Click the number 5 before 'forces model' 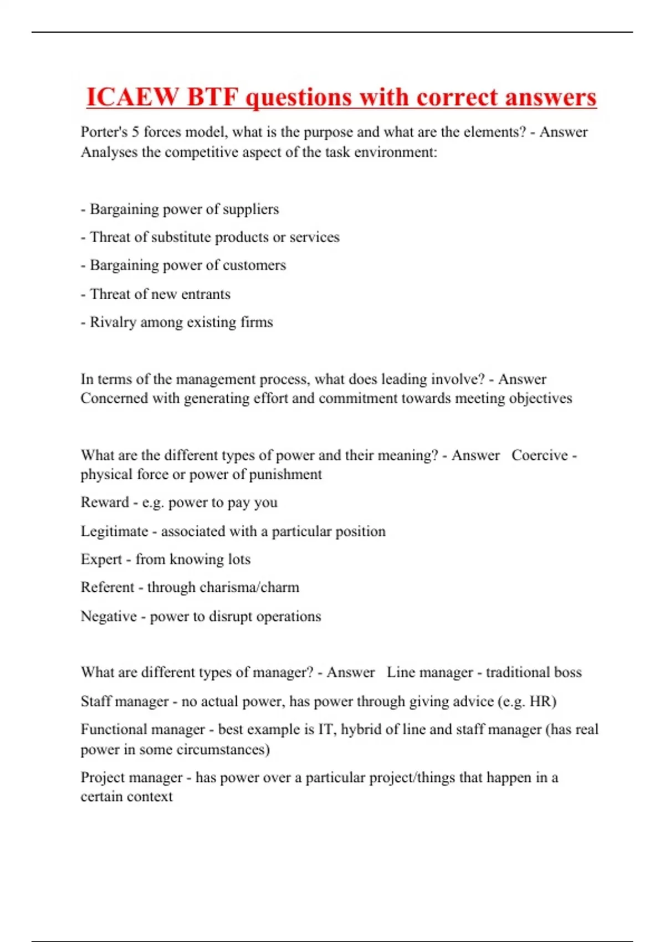[135, 132]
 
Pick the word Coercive [540, 455]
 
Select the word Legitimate [114, 531]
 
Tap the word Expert [101, 560]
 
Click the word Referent [108, 587]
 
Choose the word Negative [109, 616]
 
